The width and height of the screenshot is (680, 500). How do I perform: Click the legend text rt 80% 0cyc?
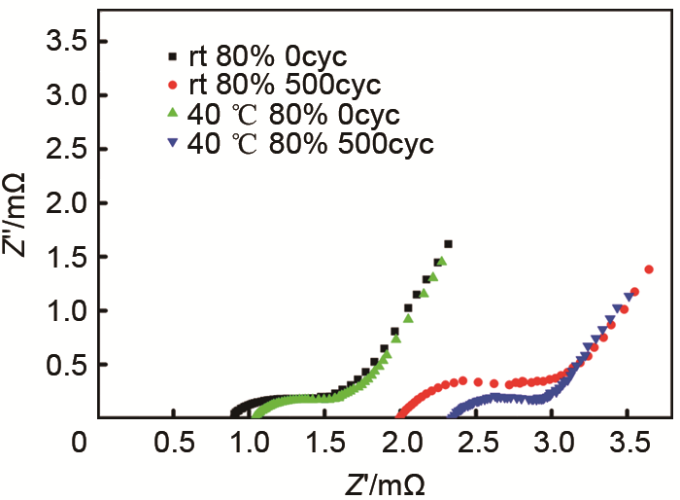coord(256,54)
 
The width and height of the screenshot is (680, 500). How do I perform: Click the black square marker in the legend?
coord(171,54)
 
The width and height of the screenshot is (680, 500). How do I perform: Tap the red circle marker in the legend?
coord(171,84)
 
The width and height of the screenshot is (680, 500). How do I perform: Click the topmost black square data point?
coord(448,244)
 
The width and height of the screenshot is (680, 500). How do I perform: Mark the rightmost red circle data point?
coord(649,269)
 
